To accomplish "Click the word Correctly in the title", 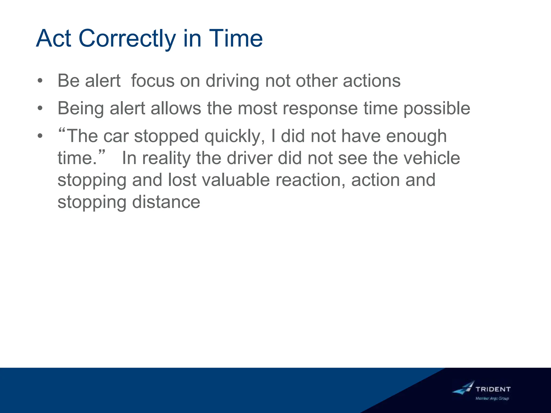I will coord(127,38).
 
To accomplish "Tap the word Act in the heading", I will coord(54,38).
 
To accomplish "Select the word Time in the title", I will coord(236,38).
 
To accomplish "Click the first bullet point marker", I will coord(40,81).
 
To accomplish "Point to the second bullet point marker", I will coord(40,108).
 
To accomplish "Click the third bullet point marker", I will coord(40,136).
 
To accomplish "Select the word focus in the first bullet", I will coord(153,81).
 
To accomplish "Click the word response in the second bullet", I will coord(320,108).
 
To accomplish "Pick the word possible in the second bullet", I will coord(437,108).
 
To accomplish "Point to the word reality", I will coord(166,158).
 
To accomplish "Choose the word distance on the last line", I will coord(166,202).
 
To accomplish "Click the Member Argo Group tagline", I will coord(492,398).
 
